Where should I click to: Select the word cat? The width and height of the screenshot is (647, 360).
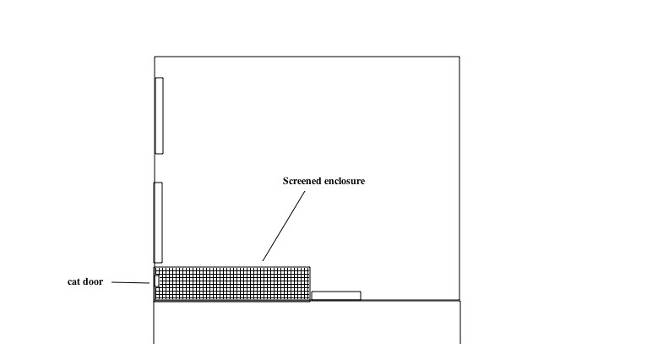point(73,282)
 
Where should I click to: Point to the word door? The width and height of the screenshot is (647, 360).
point(93,281)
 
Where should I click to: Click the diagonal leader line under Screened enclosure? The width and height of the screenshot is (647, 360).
point(284,226)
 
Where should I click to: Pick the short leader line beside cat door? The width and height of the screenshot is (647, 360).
point(130,283)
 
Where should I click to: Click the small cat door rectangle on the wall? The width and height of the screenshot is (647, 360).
point(157,281)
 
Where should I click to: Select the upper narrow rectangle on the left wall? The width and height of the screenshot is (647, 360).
point(160,116)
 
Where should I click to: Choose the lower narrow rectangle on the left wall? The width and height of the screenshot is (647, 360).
point(158,222)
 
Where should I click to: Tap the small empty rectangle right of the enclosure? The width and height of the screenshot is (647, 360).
point(336,296)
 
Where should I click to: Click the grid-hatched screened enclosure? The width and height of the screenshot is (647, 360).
point(232,284)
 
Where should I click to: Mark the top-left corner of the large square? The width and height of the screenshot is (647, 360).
point(155,57)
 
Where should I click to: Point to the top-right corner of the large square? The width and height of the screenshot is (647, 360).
point(459,57)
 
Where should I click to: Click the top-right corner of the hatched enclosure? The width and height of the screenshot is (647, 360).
point(310,267)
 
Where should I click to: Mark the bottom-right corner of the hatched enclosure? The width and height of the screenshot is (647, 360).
point(310,301)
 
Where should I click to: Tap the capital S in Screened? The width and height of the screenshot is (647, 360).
point(285,181)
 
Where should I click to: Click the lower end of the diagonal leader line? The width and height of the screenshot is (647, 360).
point(263,261)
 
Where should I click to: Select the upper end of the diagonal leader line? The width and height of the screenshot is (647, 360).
point(306,191)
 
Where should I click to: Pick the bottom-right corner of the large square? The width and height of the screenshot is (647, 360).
point(459,301)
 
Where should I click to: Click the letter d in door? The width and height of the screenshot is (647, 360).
point(86,281)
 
